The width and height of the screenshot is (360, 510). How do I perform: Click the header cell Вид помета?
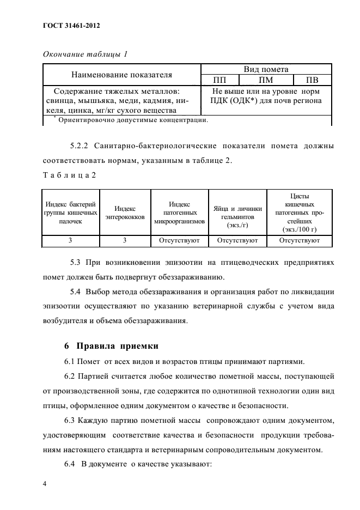[x=266, y=69]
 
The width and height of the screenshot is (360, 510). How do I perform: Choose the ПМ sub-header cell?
[x=266, y=80]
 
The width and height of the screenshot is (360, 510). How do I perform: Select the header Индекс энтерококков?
[x=125, y=212]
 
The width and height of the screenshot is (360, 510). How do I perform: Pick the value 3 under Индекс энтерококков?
[x=125, y=239]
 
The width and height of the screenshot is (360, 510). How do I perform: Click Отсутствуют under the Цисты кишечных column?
[x=299, y=239]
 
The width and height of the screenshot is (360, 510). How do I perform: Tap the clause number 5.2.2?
[x=81, y=146]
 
